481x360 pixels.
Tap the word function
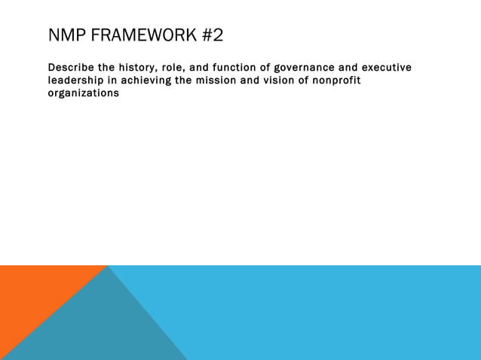[x=233, y=68]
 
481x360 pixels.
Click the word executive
[x=386, y=68]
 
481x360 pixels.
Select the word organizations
[x=84, y=93]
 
